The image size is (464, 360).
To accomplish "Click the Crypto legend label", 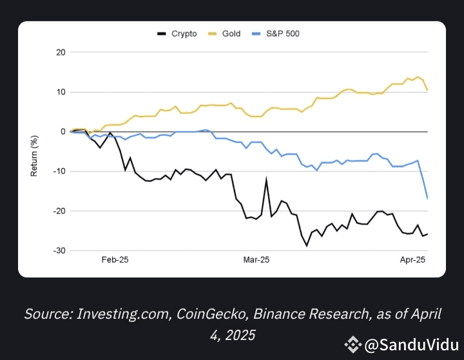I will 184,33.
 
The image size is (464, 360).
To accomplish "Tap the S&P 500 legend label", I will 283,33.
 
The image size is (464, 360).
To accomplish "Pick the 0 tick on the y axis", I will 63,131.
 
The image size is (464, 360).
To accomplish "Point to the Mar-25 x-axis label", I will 256,260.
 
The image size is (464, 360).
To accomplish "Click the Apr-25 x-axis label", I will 413,260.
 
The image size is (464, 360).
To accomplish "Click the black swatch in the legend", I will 162,33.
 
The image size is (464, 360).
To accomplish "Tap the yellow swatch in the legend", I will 213,33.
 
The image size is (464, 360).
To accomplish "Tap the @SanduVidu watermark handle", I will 411,345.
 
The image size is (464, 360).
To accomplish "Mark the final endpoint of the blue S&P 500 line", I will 427,198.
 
